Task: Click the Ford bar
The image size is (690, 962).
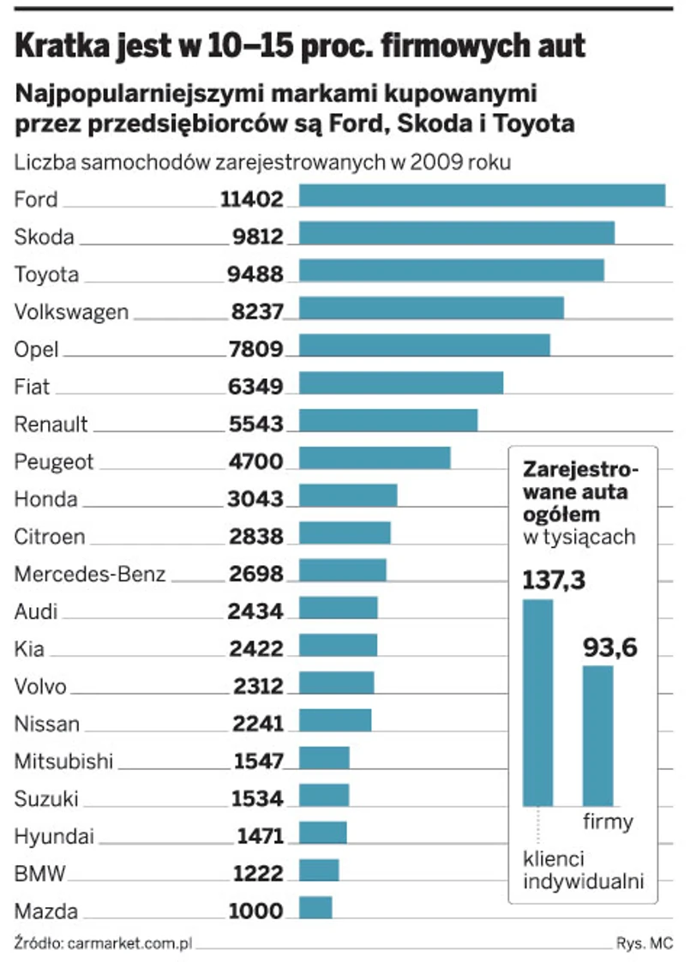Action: pyautogui.click(x=482, y=195)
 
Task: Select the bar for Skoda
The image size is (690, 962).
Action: pyautogui.click(x=456, y=233)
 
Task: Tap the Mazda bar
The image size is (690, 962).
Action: pyautogui.click(x=315, y=908)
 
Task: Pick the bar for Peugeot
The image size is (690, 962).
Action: pyautogui.click(x=374, y=459)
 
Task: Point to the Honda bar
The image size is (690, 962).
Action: pyautogui.click(x=347, y=496)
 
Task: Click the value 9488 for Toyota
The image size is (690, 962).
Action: pyautogui.click(x=250, y=274)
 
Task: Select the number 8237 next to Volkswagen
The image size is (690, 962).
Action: pyautogui.click(x=256, y=312)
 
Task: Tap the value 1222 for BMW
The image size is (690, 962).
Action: pyautogui.click(x=257, y=874)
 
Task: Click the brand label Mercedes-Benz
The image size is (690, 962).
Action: pyautogui.click(x=90, y=574)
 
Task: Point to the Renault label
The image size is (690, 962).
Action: pyautogui.click(x=51, y=424)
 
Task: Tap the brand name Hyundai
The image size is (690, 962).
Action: pyautogui.click(x=55, y=837)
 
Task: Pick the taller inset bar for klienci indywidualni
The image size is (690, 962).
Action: pyautogui.click(x=538, y=702)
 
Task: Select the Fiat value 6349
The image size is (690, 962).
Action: pyautogui.click(x=256, y=388)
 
